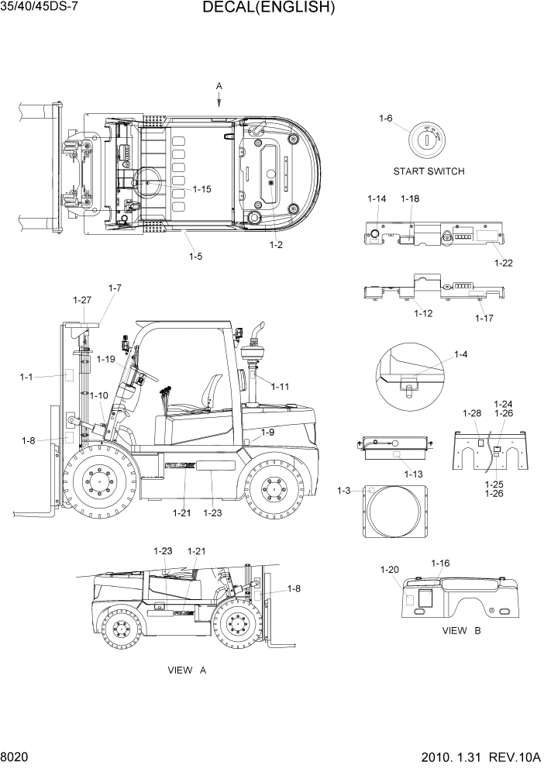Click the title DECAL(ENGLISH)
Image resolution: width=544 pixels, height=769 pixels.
point(269,9)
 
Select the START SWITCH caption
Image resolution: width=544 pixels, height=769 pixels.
point(429,171)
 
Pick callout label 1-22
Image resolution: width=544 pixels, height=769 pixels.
point(504,263)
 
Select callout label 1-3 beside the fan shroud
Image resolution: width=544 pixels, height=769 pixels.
point(345,490)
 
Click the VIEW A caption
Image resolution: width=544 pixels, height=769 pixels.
point(187,670)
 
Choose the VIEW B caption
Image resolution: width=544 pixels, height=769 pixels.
point(462,630)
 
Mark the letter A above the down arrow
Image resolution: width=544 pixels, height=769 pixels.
point(219,84)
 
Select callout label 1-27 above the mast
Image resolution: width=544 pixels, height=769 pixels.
point(82,299)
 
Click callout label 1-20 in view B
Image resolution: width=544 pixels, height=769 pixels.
point(390,570)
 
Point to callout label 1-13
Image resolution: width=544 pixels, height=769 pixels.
point(413,474)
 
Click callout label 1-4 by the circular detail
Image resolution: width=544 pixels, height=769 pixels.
point(460,356)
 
